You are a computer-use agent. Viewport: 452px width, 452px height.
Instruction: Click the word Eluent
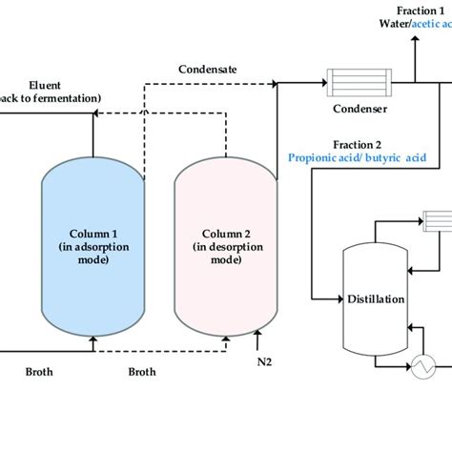[x=45, y=84]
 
